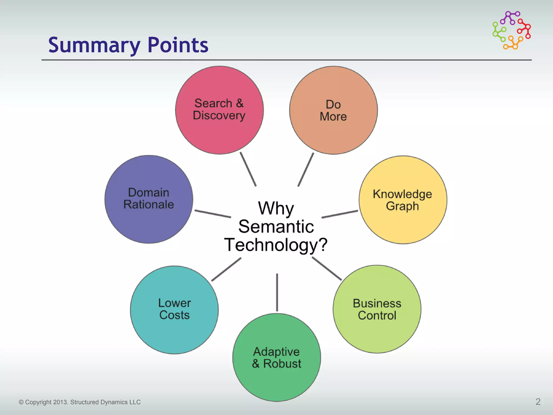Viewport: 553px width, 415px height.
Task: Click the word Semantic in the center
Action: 276,226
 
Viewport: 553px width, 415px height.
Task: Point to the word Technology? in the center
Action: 276,245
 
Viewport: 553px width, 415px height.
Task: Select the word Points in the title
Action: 178,45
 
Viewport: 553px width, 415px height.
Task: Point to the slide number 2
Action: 538,402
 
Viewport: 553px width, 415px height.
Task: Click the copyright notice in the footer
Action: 80,402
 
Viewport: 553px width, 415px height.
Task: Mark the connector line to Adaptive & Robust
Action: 277,292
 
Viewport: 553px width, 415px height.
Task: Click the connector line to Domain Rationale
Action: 213,214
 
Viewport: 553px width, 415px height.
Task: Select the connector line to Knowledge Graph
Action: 340,214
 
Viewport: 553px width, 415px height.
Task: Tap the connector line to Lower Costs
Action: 226,269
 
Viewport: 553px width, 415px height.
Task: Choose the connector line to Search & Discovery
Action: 248,169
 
